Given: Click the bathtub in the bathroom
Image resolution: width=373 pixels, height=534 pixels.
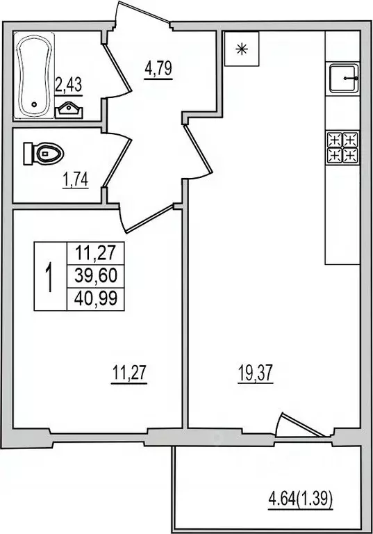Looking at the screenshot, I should pyautogui.click(x=33, y=76).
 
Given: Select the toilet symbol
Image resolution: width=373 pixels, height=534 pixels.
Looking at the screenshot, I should pyautogui.click(x=42, y=153).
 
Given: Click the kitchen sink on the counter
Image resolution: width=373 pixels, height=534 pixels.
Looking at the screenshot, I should pyautogui.click(x=343, y=79).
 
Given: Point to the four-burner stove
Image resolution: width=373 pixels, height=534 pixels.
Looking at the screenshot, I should pyautogui.click(x=342, y=147).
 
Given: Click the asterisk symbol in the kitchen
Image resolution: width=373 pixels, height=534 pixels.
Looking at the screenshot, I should pyautogui.click(x=241, y=49).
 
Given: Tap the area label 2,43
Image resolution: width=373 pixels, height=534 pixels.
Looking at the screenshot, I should pyautogui.click(x=68, y=86).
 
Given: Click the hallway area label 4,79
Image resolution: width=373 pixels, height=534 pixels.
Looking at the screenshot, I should pyautogui.click(x=158, y=70).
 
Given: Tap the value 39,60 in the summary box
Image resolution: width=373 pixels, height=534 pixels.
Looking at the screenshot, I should pyautogui.click(x=94, y=277).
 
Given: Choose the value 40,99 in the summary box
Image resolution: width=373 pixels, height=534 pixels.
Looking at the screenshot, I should pyautogui.click(x=94, y=299).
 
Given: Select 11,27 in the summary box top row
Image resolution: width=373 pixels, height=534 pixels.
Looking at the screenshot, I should pyautogui.click(x=94, y=254).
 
